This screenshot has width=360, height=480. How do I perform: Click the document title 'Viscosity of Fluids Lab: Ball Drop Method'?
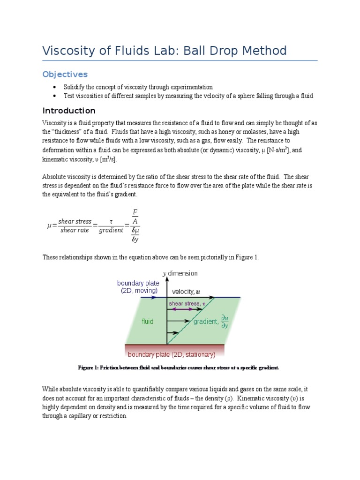click(164, 51)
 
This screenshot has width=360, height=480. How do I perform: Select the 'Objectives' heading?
click(65, 75)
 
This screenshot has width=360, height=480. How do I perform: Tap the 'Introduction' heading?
click(69, 111)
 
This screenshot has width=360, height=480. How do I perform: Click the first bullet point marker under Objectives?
click(54, 87)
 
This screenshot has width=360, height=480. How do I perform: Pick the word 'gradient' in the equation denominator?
click(111, 230)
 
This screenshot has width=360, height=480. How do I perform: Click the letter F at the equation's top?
click(135, 212)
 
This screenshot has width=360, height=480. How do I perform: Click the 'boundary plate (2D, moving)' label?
click(138, 287)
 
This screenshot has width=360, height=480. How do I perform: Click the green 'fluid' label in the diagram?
click(147, 322)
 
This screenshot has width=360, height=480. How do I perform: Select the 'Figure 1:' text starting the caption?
click(89, 368)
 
